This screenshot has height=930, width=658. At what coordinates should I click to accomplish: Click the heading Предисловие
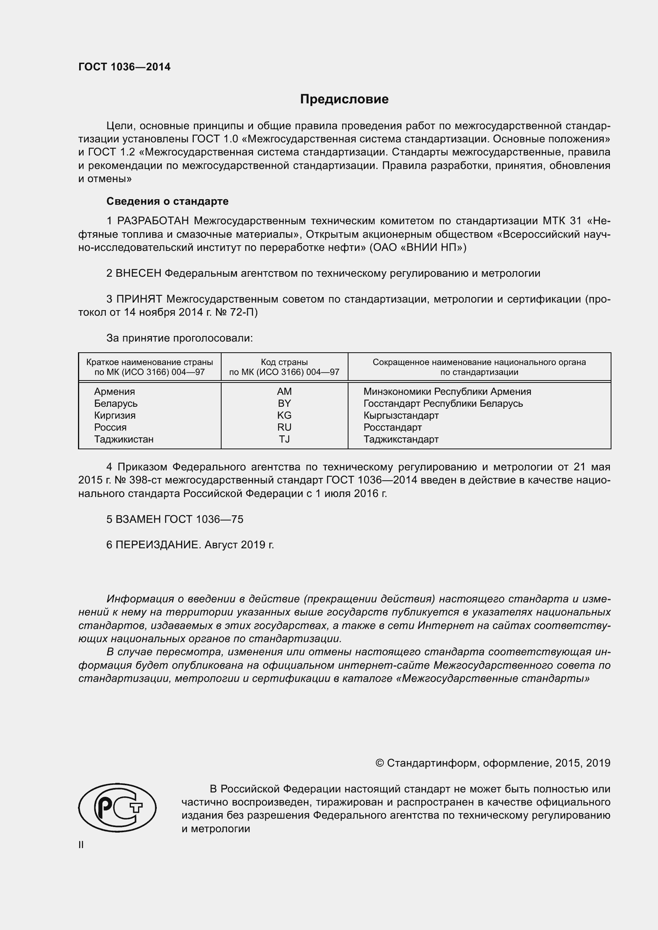pos(344,99)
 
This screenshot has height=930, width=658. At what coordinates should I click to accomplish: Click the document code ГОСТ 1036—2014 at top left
pos(125,67)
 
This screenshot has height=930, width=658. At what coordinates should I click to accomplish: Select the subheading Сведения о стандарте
pos(167,201)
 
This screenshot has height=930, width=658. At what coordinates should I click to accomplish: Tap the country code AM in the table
pos(284,391)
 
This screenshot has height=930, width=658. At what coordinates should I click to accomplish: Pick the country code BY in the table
pos(284,404)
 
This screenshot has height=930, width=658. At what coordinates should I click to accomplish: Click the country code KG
pos(284,415)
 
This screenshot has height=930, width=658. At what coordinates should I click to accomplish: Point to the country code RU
pos(284,427)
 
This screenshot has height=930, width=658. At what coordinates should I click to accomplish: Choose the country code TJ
pos(284,439)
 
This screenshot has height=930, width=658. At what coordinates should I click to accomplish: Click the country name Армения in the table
pos(114,391)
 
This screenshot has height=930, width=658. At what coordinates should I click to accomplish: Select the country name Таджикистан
pos(124,439)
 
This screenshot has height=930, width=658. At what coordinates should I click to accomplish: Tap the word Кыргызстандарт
pos(401,415)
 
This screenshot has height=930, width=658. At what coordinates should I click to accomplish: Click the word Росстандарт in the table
pos(392,427)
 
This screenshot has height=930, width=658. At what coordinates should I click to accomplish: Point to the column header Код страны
pos(284,362)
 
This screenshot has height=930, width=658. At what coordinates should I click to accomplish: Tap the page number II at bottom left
pos(81,845)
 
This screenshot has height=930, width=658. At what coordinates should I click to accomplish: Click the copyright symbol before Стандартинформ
pos(379,763)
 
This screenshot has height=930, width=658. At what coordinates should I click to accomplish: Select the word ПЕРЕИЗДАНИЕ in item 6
pos(158,545)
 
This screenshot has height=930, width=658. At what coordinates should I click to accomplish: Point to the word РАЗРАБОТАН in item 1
pos(153,221)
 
